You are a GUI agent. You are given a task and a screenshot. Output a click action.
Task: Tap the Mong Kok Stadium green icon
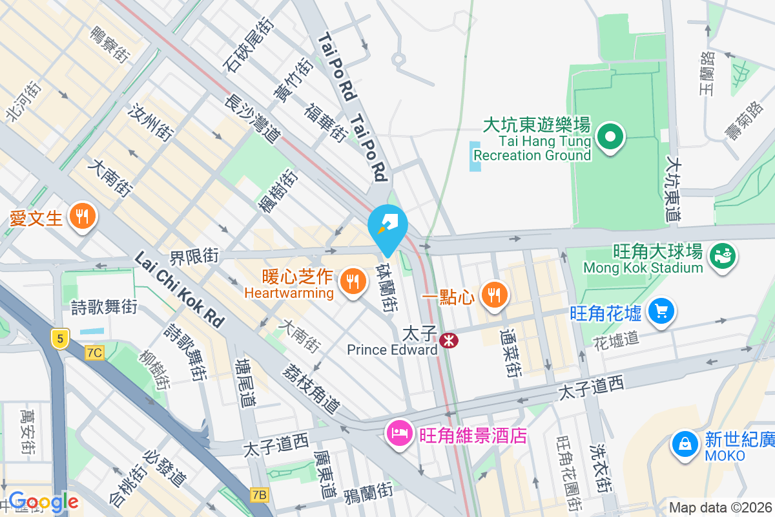[722, 255]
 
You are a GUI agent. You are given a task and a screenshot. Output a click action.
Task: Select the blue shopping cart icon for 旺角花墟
[661, 312]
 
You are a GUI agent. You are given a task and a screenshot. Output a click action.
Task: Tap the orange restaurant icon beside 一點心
[494, 295]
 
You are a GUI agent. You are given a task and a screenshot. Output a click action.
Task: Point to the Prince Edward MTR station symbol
[447, 340]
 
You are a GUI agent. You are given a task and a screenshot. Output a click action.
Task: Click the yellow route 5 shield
[59, 337]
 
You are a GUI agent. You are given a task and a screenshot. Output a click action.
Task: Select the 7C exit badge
[94, 352]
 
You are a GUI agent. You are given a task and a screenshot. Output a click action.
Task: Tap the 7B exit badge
[259, 495]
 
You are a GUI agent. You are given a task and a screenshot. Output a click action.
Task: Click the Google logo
[43, 502]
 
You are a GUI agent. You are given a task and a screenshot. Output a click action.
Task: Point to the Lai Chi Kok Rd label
[179, 288]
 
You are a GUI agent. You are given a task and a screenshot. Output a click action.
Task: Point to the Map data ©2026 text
[720, 507]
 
